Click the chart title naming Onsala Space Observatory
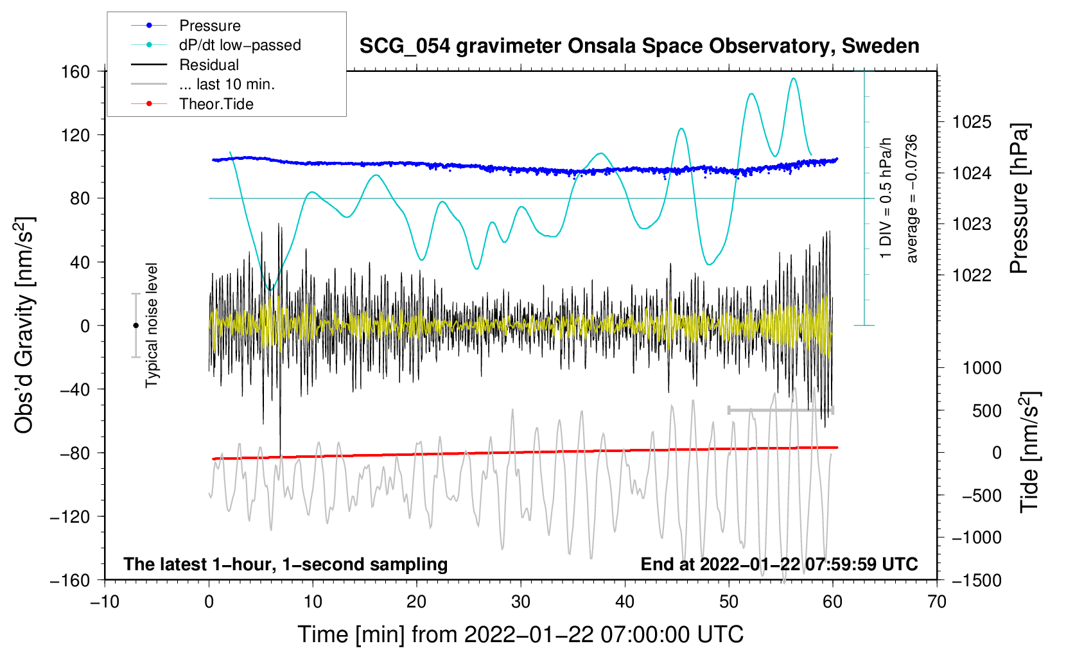click(x=639, y=46)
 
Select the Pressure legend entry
click(x=209, y=26)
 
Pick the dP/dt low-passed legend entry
click(x=240, y=45)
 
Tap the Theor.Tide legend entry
click(x=216, y=104)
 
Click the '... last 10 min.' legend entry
click(x=227, y=84)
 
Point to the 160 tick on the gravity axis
click(x=76, y=71)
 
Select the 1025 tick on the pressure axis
click(x=972, y=121)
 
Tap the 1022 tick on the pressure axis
click(x=972, y=275)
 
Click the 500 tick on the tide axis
click(x=986, y=410)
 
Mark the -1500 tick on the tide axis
click(x=977, y=580)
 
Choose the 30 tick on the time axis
click(x=521, y=602)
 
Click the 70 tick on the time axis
click(x=937, y=602)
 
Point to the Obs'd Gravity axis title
click(x=24, y=326)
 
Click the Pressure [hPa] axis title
click(x=1019, y=198)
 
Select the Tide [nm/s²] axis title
click(x=1029, y=453)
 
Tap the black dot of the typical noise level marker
click(x=135, y=326)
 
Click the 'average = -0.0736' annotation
click(x=912, y=198)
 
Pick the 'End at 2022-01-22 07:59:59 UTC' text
click(x=779, y=564)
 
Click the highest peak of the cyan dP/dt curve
click(x=794, y=78)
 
